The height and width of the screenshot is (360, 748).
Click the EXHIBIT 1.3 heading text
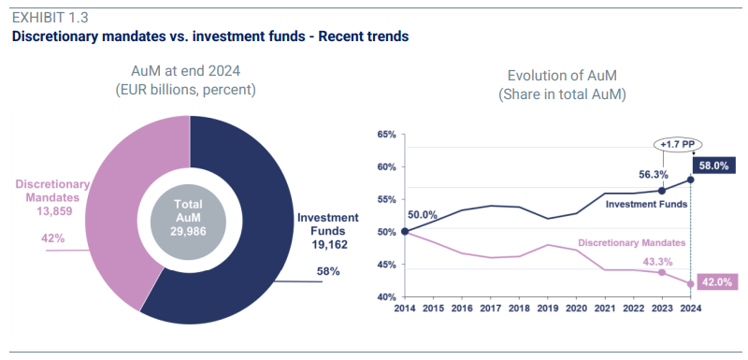pyautogui.click(x=50, y=18)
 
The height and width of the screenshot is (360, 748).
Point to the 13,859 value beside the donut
pyautogui.click(x=54, y=210)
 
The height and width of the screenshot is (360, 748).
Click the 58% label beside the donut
pyautogui.click(x=328, y=271)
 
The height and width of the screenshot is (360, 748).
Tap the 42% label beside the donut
pyautogui.click(x=53, y=238)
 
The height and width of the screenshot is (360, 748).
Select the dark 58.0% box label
pyautogui.click(x=714, y=166)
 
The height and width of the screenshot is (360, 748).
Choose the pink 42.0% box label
pyautogui.click(x=717, y=281)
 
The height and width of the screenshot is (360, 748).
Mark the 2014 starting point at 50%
pyautogui.click(x=405, y=232)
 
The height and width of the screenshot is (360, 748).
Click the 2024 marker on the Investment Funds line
pyautogui.click(x=690, y=180)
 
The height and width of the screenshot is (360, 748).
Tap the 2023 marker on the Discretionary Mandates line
pyautogui.click(x=662, y=272)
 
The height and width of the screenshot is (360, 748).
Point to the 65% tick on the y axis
pyautogui.click(x=386, y=135)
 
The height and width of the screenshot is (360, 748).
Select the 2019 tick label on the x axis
pyautogui.click(x=547, y=308)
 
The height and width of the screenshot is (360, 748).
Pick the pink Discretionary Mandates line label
pyautogui.click(x=632, y=243)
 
